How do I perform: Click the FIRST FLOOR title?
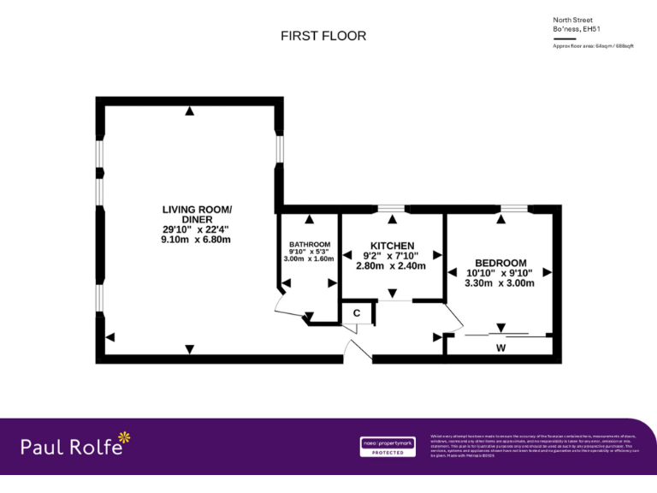[x=323, y=36]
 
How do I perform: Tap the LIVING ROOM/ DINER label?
[x=196, y=214]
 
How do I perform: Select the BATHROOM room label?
[x=309, y=242]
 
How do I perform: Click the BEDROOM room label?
[x=500, y=263]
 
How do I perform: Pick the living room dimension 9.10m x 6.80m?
[x=196, y=240]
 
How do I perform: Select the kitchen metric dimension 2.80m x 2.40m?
[x=391, y=266]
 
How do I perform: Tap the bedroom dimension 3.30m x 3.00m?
[x=500, y=283]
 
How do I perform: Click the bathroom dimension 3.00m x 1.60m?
[x=309, y=258]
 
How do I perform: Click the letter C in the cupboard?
[x=357, y=314]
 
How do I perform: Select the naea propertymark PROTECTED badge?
[x=387, y=447]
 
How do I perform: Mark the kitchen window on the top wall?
[x=392, y=208]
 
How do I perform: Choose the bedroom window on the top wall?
[x=514, y=208]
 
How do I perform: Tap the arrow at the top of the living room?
[x=189, y=111]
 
